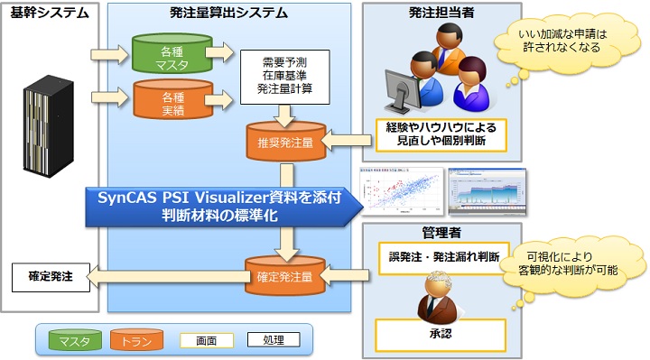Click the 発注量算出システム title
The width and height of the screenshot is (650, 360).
click(228, 14)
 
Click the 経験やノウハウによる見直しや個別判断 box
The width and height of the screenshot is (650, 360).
click(441, 135)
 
